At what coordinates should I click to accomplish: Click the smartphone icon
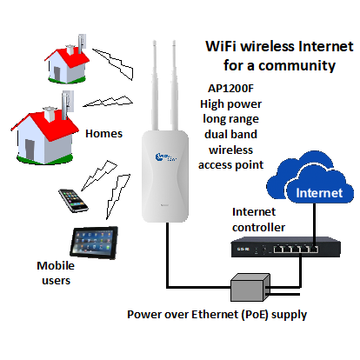[73, 201]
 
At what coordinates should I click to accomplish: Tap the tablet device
[94, 243]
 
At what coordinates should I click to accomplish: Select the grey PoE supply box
[250, 287]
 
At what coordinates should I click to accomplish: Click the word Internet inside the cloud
[319, 193]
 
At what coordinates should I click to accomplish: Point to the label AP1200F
[230, 88]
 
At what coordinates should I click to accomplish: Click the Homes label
[103, 134]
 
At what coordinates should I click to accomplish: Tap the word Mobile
[56, 265]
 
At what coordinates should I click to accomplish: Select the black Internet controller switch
[285, 247]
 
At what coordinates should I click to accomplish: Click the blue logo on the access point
[165, 157]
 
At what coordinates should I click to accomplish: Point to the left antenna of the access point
[155, 85]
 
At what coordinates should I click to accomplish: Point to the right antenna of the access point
[175, 85]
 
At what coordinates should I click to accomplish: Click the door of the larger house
[30, 149]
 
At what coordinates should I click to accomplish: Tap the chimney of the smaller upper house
[70, 50]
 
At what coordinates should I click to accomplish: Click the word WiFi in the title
[221, 46]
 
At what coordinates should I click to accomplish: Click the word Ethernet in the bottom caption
[215, 314]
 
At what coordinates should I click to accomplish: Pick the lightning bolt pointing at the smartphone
[99, 176]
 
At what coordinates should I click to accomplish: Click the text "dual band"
[230, 135]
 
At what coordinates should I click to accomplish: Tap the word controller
[258, 228]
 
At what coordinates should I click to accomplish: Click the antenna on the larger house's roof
[68, 104]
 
